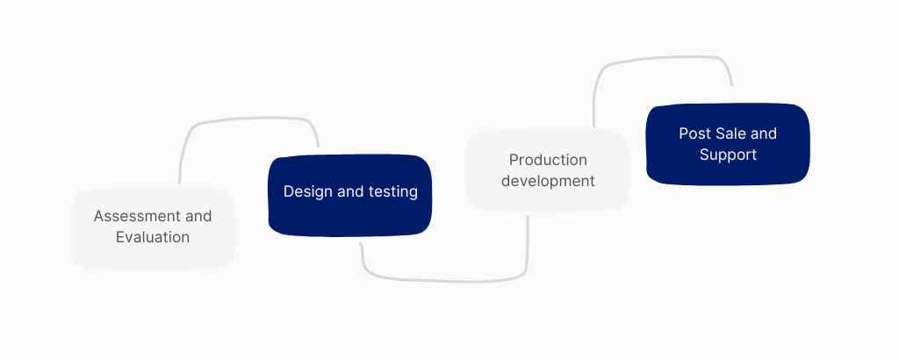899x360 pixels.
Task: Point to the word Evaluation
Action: coord(153,237)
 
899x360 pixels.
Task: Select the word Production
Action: coord(548,160)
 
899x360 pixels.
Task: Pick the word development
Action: coord(548,181)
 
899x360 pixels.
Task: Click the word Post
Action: coord(694,133)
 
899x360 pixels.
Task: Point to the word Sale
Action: coord(730,133)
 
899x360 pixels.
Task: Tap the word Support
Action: coord(728,155)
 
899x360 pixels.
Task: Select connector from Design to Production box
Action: coord(443,280)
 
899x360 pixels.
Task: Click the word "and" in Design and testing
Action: coord(347,191)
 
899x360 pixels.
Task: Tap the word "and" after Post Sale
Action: coord(764,133)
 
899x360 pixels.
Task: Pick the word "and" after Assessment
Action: coord(198,216)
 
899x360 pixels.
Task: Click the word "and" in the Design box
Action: coord(347,191)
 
